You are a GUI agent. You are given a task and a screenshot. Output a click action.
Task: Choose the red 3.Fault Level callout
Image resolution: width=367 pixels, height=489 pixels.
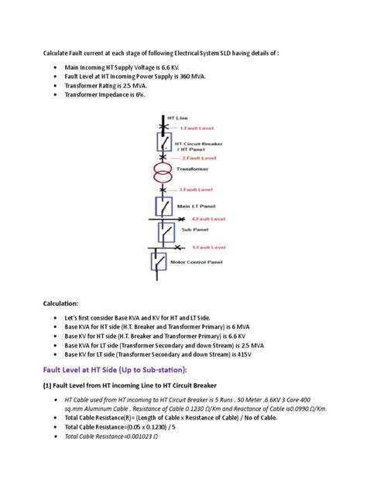[x=196, y=188]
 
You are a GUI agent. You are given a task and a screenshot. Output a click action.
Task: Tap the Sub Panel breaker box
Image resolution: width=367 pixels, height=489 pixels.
[x=165, y=231]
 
